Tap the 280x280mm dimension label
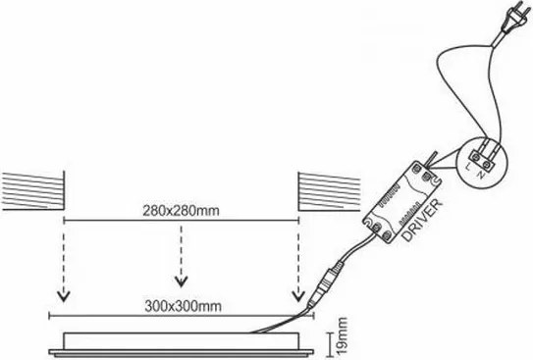180,211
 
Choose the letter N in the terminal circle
480,180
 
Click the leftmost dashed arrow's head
64,293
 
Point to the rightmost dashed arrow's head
297,293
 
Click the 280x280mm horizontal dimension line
181,223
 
